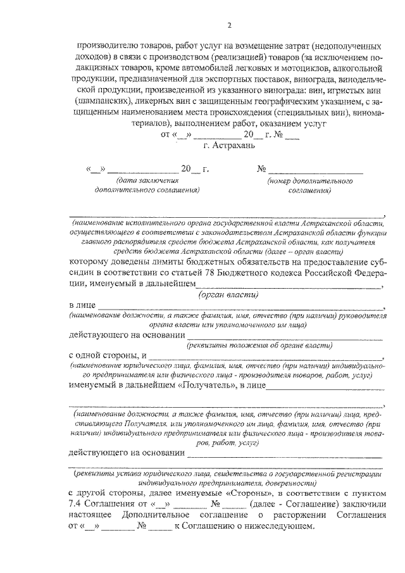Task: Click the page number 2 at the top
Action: pos(230,25)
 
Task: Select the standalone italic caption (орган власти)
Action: pos(228,295)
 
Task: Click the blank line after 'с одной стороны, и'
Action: pos(266,356)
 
